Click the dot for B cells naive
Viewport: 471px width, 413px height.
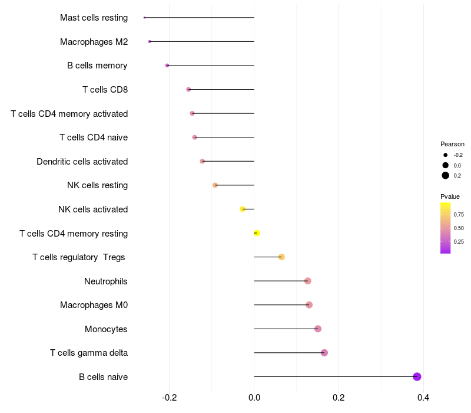(417, 376)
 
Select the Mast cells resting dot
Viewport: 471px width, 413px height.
(144, 18)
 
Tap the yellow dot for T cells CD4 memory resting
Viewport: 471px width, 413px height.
(257, 233)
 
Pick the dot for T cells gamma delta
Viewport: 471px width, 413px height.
(324, 353)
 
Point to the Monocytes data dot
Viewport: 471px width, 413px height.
(318, 329)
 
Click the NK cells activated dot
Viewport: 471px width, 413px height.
(243, 209)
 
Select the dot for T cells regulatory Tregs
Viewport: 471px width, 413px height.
(281, 257)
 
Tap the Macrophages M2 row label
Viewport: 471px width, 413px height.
(94, 42)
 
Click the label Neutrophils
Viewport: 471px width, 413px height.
(106, 281)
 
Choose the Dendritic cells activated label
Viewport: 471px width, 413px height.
(82, 161)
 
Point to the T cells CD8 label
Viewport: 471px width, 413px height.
(105, 90)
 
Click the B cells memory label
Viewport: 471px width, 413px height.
(97, 65)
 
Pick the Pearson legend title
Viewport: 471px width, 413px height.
(452, 144)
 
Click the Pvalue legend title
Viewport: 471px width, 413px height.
(450, 196)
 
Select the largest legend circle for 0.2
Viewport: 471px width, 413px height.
(446, 176)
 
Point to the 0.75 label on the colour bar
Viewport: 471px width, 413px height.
(459, 214)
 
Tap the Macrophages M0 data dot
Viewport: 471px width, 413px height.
(309, 305)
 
